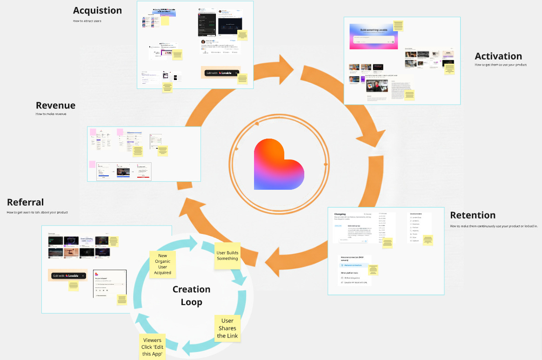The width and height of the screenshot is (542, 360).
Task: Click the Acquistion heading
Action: pyautogui.click(x=97, y=10)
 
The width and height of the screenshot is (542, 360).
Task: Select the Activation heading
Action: pyautogui.click(x=498, y=56)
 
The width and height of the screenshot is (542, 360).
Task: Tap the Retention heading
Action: pyautogui.click(x=472, y=215)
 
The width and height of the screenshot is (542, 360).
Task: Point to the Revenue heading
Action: pyautogui.click(x=55, y=106)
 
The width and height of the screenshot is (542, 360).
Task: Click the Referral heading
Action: pyautogui.click(x=25, y=202)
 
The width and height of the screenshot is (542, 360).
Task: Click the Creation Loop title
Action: pyautogui.click(x=191, y=295)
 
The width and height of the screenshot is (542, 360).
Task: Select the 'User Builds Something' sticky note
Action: pyautogui.click(x=227, y=255)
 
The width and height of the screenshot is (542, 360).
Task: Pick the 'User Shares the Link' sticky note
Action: pyautogui.click(x=227, y=328)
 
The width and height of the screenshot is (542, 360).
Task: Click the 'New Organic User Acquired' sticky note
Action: pyautogui.click(x=162, y=264)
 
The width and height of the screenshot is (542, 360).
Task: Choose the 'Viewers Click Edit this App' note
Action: pyautogui.click(x=152, y=347)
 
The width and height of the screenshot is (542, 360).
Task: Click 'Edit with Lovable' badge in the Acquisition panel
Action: pyautogui.click(x=221, y=73)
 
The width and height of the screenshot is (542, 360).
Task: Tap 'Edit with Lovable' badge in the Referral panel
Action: pyautogui.click(x=68, y=276)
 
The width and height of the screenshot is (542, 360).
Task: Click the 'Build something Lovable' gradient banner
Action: pyautogui.click(x=373, y=36)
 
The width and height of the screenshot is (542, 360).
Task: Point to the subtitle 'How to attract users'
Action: pyautogui.click(x=87, y=21)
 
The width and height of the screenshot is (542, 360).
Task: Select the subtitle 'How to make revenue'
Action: pyautogui.click(x=51, y=114)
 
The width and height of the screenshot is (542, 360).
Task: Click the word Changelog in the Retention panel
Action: pyautogui.click(x=343, y=214)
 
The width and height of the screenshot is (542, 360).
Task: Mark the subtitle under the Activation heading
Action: pyautogui.click(x=500, y=65)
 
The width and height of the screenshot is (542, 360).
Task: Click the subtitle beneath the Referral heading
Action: pyautogui.click(x=37, y=213)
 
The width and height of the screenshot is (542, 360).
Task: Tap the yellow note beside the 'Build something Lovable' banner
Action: pyautogui.click(x=398, y=26)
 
